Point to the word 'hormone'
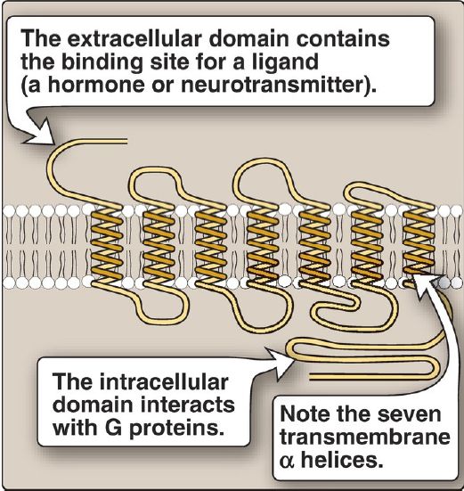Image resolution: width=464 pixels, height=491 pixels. pos(95,84)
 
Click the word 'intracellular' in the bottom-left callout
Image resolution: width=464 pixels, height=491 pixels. pos(164,381)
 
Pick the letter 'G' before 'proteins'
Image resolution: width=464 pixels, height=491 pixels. pos(113,427)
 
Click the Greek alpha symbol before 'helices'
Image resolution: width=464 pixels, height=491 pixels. pos(287,461)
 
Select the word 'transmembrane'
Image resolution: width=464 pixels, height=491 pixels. pos(365,437)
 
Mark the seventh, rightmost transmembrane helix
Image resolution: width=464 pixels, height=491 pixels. pos(419,242)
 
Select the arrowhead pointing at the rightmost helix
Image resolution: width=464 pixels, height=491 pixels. pos(427,282)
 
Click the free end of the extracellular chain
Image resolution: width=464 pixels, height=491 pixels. pos(127,141)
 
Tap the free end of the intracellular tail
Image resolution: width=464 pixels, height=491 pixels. pos(310,376)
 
